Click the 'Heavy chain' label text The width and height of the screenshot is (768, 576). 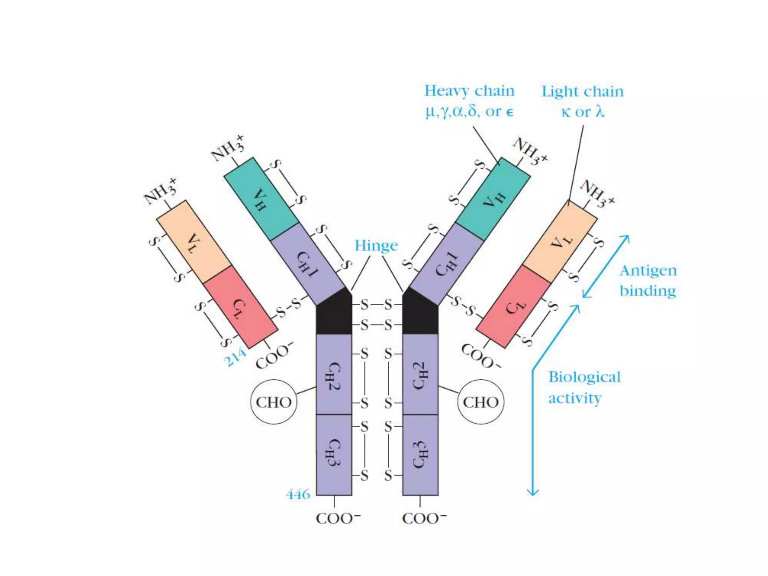pyautogui.click(x=469, y=91)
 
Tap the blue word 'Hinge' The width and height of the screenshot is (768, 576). pyautogui.click(x=376, y=246)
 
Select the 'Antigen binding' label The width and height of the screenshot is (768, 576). pyautogui.click(x=648, y=280)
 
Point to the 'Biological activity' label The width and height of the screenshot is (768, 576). pyautogui.click(x=584, y=387)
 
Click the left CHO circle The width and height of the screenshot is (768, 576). pyautogui.click(x=274, y=402)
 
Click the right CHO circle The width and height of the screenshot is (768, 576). pyautogui.click(x=481, y=402)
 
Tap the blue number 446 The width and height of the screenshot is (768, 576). pyautogui.click(x=298, y=494)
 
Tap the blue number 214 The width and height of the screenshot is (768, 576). pyautogui.click(x=235, y=357)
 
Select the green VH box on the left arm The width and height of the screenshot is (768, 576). pyautogui.click(x=261, y=199)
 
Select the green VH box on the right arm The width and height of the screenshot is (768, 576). pyautogui.click(x=493, y=199)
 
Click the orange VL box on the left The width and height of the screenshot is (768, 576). pyautogui.click(x=194, y=242)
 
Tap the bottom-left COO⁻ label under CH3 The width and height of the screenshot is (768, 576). pyautogui.click(x=338, y=519)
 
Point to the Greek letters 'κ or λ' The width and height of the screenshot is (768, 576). pyautogui.click(x=582, y=112)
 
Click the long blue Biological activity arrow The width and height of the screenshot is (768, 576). pyautogui.click(x=533, y=431)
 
